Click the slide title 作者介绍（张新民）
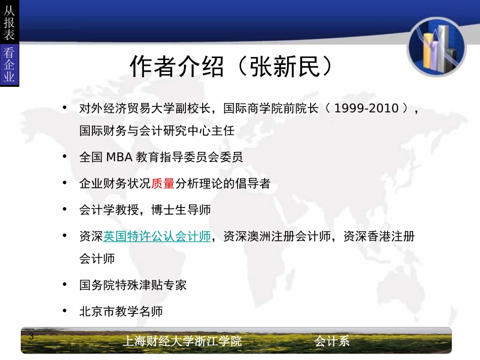click(232, 67)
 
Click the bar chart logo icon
click(437, 46)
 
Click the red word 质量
click(163, 183)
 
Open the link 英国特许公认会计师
click(157, 236)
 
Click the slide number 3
click(31, 337)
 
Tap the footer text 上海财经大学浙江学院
click(182, 341)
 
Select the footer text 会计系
click(331, 341)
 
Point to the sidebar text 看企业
click(9, 65)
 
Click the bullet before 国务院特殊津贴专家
click(64, 284)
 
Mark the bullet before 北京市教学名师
click(64, 311)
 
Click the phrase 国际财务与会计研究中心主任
click(157, 131)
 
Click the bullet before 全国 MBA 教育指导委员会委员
click(64, 157)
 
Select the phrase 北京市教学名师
click(121, 311)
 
